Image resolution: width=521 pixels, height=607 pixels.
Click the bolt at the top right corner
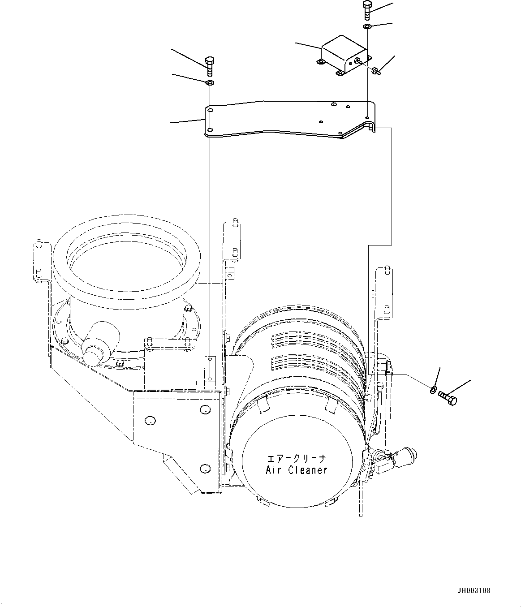tap(366, 10)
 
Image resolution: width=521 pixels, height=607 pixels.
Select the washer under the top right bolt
tap(367, 27)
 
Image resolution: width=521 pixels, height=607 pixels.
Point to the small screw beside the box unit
tap(375, 70)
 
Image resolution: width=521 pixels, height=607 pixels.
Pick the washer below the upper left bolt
tap(209, 83)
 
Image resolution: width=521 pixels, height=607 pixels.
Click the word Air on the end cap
tap(274, 470)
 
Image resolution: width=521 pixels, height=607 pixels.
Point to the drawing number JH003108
tap(474, 591)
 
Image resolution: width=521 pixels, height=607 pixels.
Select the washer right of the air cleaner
tap(433, 389)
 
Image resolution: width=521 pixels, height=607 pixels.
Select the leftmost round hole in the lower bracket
tap(149, 421)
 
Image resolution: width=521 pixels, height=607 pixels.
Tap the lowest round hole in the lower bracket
tap(204, 469)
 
